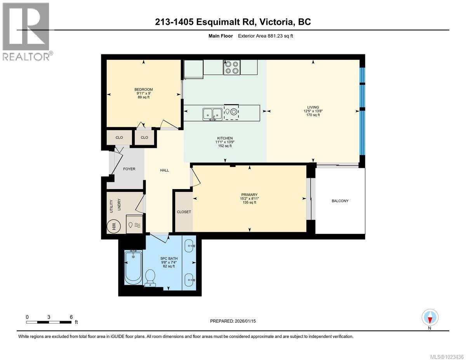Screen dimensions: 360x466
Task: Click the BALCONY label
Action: pyautogui.click(x=340, y=201)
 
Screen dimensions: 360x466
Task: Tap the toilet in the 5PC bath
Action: pyautogui.click(x=150, y=278)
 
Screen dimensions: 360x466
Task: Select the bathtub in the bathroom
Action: pyautogui.click(x=133, y=268)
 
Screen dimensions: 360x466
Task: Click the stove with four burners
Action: pyautogui.click(x=231, y=67)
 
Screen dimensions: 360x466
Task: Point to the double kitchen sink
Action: pyautogui.click(x=212, y=113)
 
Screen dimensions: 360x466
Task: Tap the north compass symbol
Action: pyautogui.click(x=430, y=318)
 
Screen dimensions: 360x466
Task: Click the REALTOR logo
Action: pyautogui.click(x=26, y=31)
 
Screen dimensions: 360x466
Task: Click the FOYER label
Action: pyautogui.click(x=129, y=169)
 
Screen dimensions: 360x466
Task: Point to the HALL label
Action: pyautogui.click(x=165, y=170)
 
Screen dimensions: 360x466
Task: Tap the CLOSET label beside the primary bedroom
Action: pyautogui.click(x=184, y=212)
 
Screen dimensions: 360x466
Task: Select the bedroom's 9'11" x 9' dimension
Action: pyautogui.click(x=144, y=93)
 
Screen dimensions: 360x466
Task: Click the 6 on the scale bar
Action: pyautogui.click(x=71, y=317)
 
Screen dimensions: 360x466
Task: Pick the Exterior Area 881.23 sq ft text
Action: pyautogui.click(x=268, y=36)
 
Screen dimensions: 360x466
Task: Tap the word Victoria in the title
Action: pyautogui.click(x=275, y=22)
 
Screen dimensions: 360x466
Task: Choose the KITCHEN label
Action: pyautogui.click(x=225, y=138)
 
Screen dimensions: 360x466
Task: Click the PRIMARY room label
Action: pyautogui.click(x=249, y=195)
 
